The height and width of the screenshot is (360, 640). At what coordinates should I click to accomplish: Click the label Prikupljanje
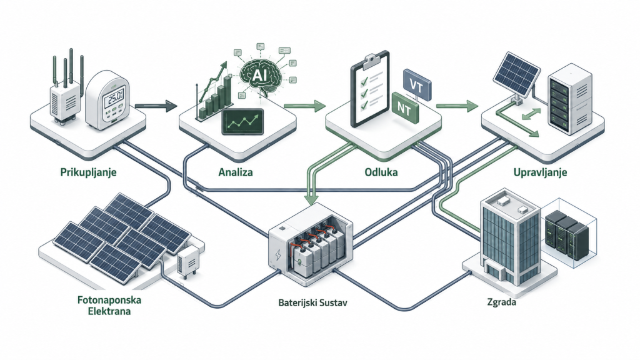88,172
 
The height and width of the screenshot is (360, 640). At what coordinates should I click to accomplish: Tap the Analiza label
236,172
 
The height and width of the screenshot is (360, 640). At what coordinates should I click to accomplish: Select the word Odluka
381,172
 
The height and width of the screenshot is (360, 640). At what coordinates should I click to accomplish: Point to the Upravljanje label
540,172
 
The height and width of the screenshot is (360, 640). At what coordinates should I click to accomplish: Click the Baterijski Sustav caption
312,303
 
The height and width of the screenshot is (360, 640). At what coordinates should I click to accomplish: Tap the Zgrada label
502,302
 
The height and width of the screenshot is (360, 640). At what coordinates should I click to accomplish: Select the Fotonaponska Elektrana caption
109,306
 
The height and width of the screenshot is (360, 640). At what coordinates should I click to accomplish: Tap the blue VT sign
417,85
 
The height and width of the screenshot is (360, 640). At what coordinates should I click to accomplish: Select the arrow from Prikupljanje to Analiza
156,106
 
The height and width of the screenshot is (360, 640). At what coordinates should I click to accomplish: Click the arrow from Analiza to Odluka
304,106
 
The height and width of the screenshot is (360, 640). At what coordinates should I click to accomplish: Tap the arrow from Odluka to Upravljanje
457,106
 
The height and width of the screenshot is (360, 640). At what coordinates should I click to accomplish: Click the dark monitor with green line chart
242,122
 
